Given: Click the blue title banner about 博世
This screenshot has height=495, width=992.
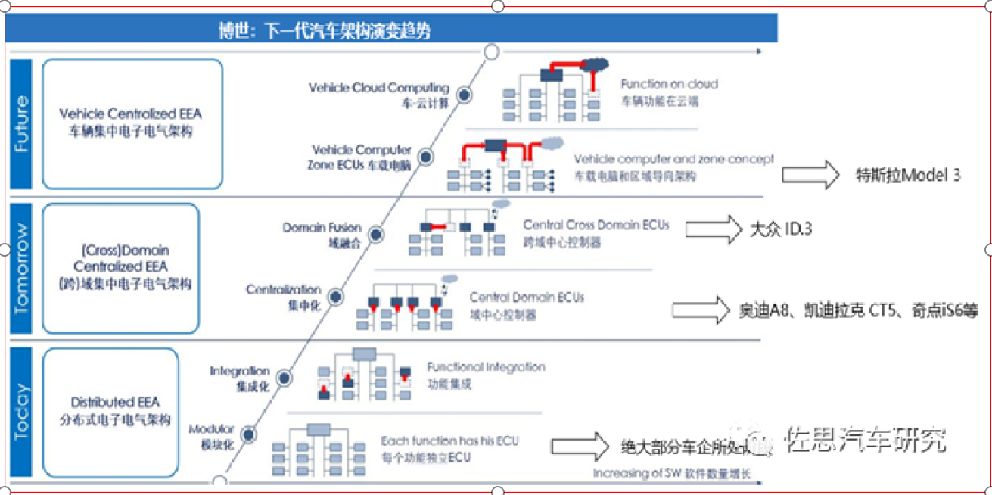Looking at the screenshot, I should pyautogui.click(x=391, y=31).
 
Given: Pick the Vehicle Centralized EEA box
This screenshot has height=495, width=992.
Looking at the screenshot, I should pyautogui.click(x=132, y=123).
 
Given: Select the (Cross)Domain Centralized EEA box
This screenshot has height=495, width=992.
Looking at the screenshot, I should pyautogui.click(x=120, y=268).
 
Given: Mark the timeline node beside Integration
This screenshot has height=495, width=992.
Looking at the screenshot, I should pyautogui.click(x=284, y=377).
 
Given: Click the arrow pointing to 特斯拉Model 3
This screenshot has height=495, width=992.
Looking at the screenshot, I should pyautogui.click(x=810, y=175).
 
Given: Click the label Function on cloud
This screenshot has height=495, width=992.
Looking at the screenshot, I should pyautogui.click(x=669, y=84).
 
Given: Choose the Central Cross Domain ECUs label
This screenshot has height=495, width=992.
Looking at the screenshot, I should pyautogui.click(x=596, y=225).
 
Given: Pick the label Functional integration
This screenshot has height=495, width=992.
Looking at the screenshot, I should pyautogui.click(x=486, y=367).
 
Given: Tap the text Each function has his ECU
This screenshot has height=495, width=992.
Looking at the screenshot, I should pyautogui.click(x=449, y=441).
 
